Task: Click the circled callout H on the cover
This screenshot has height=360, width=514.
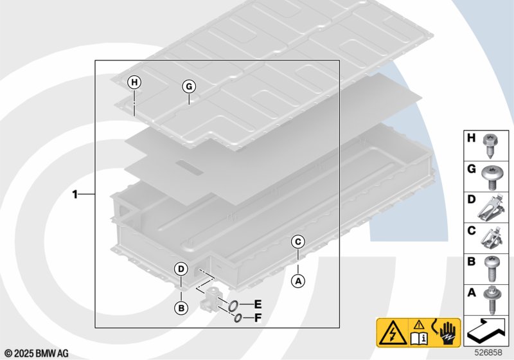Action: [134, 82]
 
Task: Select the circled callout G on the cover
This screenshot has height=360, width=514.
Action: [188, 87]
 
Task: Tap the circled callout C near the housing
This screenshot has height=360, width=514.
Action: [297, 242]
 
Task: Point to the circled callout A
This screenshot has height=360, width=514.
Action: [297, 280]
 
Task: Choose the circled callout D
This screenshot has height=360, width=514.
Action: [181, 269]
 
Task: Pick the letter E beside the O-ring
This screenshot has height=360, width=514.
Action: [258, 303]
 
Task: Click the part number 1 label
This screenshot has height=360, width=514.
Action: [76, 194]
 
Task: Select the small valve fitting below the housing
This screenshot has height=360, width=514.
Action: [210, 300]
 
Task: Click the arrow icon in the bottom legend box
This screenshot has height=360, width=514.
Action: [487, 329]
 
